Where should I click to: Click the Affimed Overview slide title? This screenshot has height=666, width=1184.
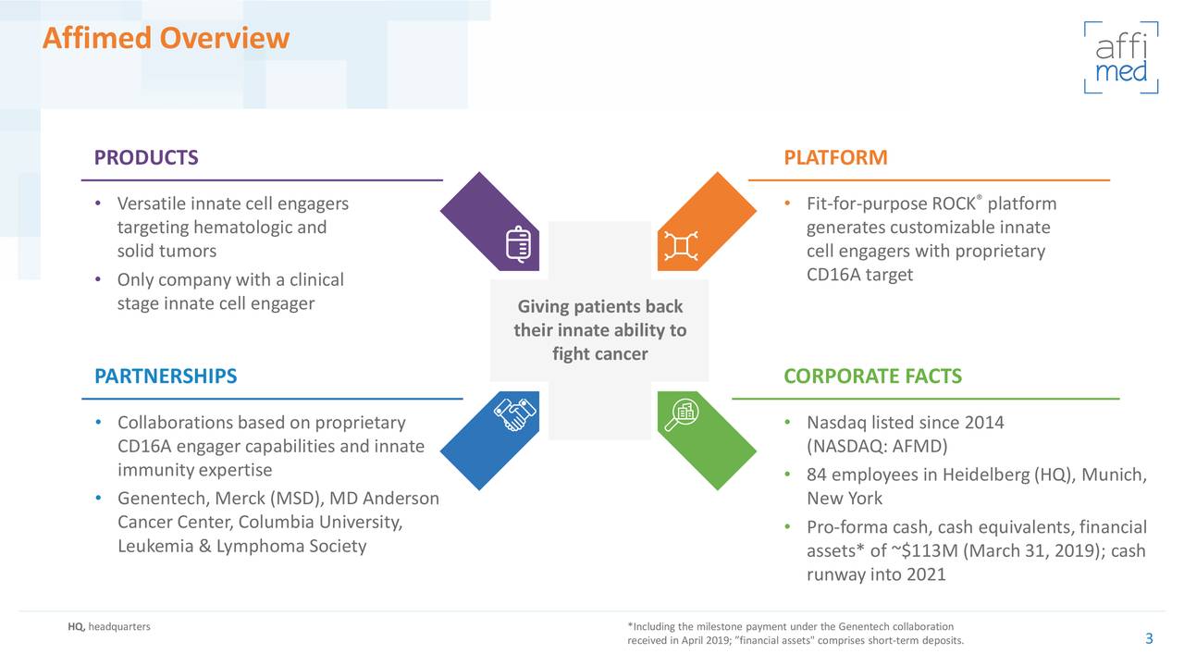(166, 39)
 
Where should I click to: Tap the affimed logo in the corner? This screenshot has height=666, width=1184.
(1120, 57)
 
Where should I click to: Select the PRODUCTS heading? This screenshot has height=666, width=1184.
(146, 157)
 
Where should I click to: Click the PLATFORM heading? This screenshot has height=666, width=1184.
(835, 157)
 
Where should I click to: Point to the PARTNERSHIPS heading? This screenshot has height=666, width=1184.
(166, 376)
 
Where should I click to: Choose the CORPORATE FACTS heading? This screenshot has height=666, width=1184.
(872, 376)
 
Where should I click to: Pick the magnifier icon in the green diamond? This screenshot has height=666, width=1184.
(681, 415)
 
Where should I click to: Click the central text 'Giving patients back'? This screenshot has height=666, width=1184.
(599, 307)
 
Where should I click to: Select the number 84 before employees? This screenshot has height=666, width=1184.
(817, 475)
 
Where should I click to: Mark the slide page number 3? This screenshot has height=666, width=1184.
(1149, 639)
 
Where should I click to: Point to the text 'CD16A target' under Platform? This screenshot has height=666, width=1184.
(859, 275)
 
